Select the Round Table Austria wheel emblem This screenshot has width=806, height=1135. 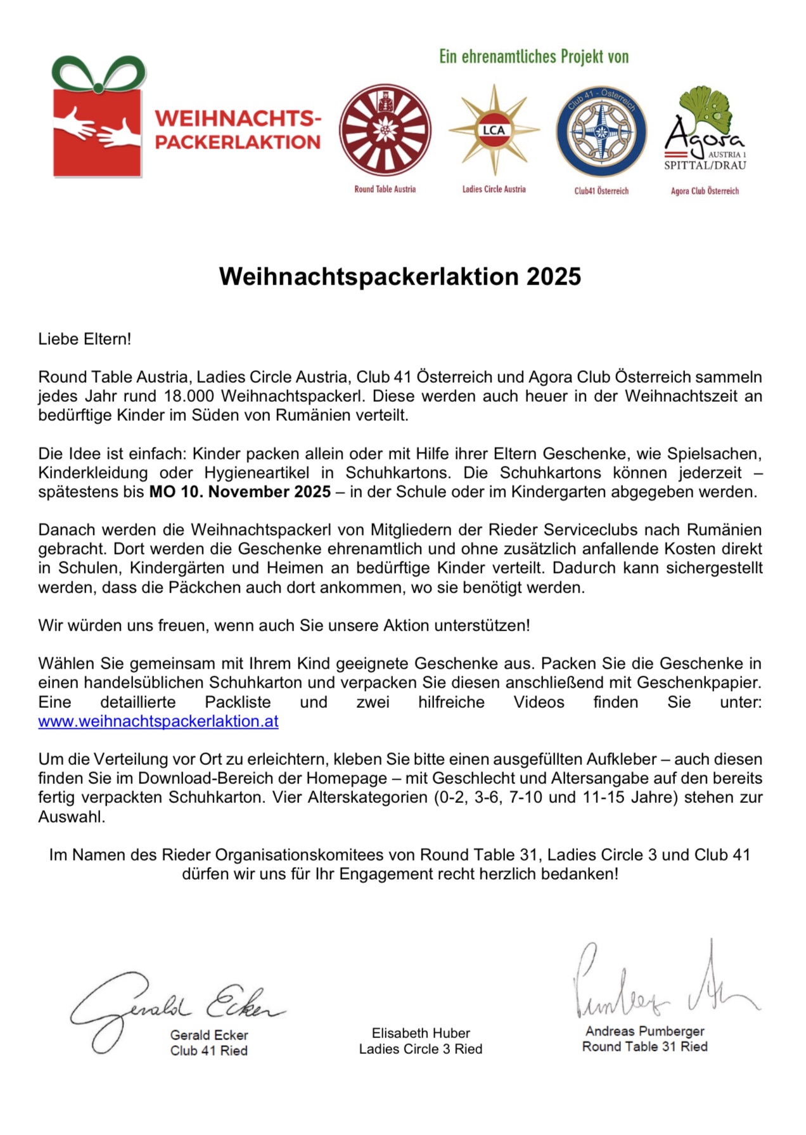(x=385, y=130)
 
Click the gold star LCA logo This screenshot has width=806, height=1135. (x=494, y=130)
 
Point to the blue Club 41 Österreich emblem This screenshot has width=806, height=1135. (x=601, y=131)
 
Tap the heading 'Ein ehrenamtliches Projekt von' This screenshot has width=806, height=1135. (x=534, y=57)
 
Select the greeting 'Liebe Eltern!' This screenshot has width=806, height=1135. (x=85, y=339)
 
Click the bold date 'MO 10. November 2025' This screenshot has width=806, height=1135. (x=240, y=492)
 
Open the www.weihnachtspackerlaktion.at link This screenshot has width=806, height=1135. (x=158, y=722)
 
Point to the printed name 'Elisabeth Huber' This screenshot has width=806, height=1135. (x=421, y=1034)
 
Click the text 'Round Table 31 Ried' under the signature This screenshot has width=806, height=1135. (x=644, y=1047)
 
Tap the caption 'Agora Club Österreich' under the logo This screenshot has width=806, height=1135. (x=705, y=191)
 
